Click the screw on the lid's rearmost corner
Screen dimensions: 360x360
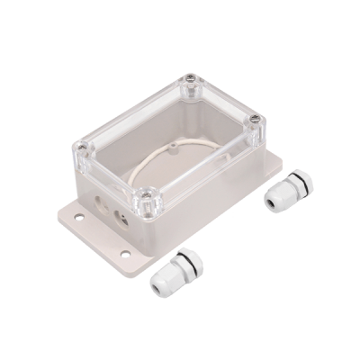point(190,88)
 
